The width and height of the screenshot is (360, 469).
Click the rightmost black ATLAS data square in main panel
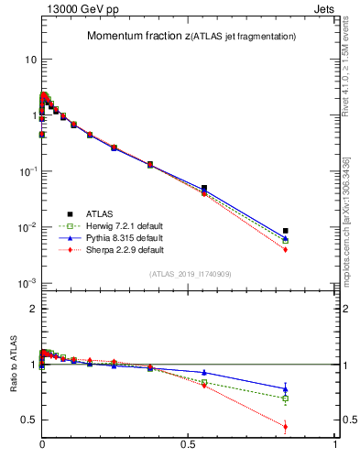pyautogui.click(x=286, y=231)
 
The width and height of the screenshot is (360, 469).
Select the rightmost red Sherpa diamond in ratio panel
pyautogui.click(x=286, y=426)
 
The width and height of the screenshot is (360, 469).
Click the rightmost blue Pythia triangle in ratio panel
pyautogui.click(x=286, y=389)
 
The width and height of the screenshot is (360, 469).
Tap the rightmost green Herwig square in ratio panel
pyautogui.click(x=286, y=398)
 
